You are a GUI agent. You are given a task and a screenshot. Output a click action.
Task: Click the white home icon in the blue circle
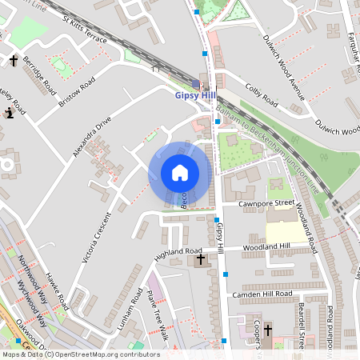pyautogui.click(x=180, y=172)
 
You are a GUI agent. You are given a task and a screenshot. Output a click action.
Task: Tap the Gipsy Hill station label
pyautogui.click(x=195, y=95)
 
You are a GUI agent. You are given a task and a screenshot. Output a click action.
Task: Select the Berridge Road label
pyautogui.click(x=39, y=73)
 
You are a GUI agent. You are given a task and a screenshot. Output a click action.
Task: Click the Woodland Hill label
pyautogui.click(x=267, y=246)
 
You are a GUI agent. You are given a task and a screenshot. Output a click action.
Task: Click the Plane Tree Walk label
pyautogui.click(x=158, y=314)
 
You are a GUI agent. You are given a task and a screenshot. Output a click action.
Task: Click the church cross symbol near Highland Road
pyautogui.click(x=200, y=258)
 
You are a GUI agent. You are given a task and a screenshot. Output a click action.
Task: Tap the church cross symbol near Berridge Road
pyautogui.click(x=14, y=60)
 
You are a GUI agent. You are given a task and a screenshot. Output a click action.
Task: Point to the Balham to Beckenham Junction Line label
pyautogui.click(x=262, y=149)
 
